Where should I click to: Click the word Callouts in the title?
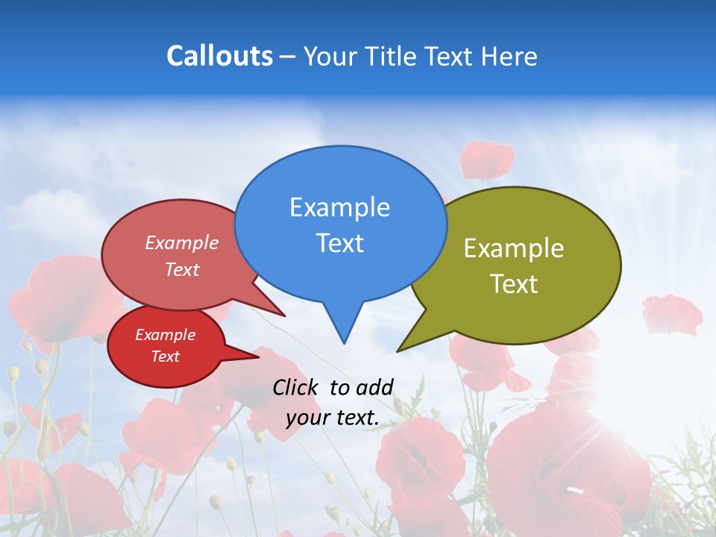pyautogui.click(x=219, y=56)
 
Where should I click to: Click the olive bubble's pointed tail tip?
pyautogui.click(x=398, y=351)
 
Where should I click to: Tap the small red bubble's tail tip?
pyautogui.click(x=257, y=357)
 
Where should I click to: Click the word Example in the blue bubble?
pyautogui.click(x=339, y=207)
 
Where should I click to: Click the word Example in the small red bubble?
pyautogui.click(x=165, y=335)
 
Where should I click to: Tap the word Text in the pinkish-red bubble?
pyautogui.click(x=182, y=269)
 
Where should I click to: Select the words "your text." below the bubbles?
pyautogui.click(x=333, y=418)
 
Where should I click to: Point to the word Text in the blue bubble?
pyautogui.click(x=339, y=243)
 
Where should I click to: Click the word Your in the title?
pyautogui.click(x=327, y=56)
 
